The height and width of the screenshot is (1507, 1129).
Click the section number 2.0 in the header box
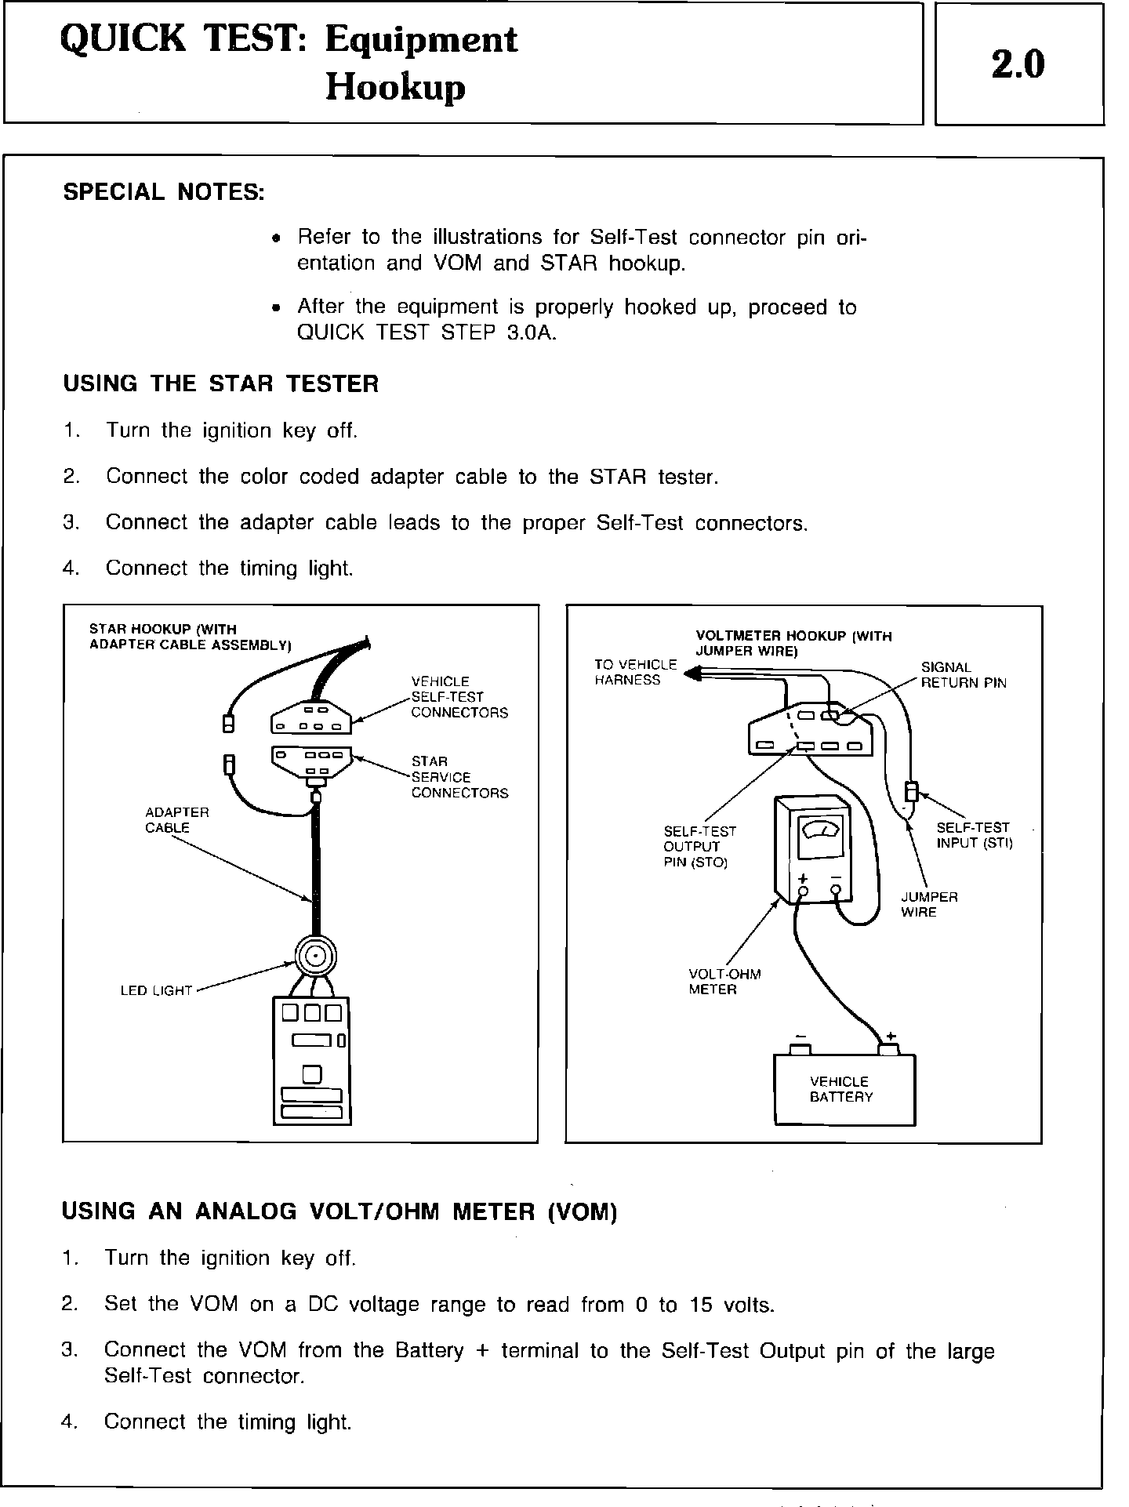(x=1018, y=65)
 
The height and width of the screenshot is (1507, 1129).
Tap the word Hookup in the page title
(x=395, y=88)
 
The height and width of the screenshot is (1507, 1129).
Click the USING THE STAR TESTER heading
(x=220, y=383)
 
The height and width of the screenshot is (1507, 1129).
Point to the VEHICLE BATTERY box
(x=844, y=1090)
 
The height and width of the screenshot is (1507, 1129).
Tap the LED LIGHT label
(x=156, y=991)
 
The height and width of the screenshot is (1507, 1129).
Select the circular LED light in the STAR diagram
(x=315, y=957)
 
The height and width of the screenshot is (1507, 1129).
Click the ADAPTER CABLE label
(x=177, y=820)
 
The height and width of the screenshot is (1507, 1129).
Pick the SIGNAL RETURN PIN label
(x=963, y=675)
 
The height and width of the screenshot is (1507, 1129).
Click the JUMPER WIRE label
(x=929, y=904)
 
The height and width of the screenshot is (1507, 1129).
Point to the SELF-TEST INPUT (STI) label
(x=974, y=835)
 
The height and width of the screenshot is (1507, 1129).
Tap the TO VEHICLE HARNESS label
(x=635, y=672)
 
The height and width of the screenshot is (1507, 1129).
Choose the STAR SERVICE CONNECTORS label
(x=459, y=777)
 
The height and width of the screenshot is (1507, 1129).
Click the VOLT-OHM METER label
(x=724, y=982)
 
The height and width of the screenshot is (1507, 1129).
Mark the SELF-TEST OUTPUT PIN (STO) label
(x=699, y=847)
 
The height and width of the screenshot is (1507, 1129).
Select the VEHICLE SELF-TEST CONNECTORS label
(x=459, y=697)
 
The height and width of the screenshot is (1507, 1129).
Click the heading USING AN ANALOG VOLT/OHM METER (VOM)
(x=339, y=1211)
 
